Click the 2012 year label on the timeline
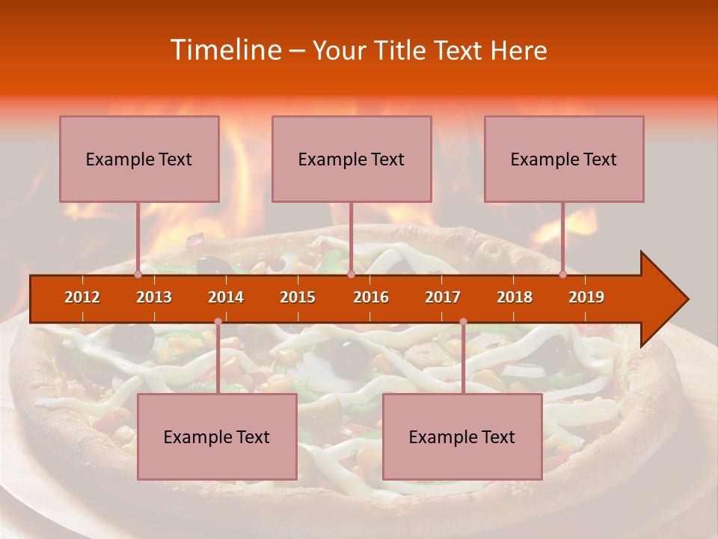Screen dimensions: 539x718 click(82, 297)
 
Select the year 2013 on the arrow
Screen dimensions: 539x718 click(154, 297)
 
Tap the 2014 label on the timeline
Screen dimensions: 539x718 click(226, 297)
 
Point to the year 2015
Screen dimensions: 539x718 click(298, 297)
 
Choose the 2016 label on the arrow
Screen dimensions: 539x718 click(371, 297)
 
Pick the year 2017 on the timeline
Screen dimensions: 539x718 click(443, 297)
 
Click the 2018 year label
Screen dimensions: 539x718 click(515, 297)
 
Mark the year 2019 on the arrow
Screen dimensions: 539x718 click(586, 297)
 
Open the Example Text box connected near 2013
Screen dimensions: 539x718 click(139, 159)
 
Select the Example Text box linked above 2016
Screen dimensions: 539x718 click(352, 159)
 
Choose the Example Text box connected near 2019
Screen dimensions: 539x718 click(564, 159)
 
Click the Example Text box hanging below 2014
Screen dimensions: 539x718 click(217, 436)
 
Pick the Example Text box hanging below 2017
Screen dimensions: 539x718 click(462, 436)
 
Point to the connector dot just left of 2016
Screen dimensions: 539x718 click(351, 275)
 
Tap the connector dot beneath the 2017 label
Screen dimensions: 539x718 click(463, 322)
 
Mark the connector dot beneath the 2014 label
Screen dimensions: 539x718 click(218, 322)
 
